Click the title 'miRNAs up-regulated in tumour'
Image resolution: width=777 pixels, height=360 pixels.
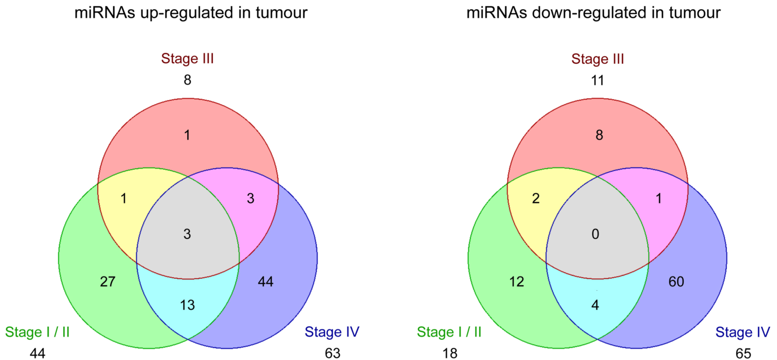pos(191,13)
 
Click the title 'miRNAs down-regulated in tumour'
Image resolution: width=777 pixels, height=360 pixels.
pos(594,13)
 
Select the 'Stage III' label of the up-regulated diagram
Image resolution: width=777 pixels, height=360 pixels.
pos(187,58)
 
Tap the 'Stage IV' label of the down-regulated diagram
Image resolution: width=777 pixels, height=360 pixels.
pos(743,332)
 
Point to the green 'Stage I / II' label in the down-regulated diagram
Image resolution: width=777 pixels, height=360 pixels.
pos(449,332)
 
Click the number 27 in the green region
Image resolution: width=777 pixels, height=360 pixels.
pos(108,281)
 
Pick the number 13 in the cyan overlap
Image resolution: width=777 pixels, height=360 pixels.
pos(187,305)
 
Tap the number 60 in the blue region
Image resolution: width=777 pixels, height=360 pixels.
pos(677,281)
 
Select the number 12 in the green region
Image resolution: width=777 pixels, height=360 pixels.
pos(517,281)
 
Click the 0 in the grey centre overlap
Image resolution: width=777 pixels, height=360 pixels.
pos(596,234)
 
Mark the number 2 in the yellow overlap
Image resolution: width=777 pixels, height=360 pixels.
pos(536,199)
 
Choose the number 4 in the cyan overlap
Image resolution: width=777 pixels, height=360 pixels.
pos(595,305)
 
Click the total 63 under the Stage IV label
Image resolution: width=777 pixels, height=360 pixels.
pos(333,353)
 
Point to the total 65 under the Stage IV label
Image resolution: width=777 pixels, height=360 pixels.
pos(743,353)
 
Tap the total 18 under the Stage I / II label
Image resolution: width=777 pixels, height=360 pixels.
pos(450,353)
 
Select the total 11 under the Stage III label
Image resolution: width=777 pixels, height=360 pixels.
pos(597,80)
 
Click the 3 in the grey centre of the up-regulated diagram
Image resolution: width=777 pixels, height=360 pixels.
pos(187,234)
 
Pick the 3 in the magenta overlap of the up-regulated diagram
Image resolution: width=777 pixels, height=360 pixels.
pos(250,199)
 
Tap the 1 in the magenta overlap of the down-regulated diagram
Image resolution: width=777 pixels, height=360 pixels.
pos(659,199)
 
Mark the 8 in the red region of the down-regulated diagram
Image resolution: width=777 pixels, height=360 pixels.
pos(600,135)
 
